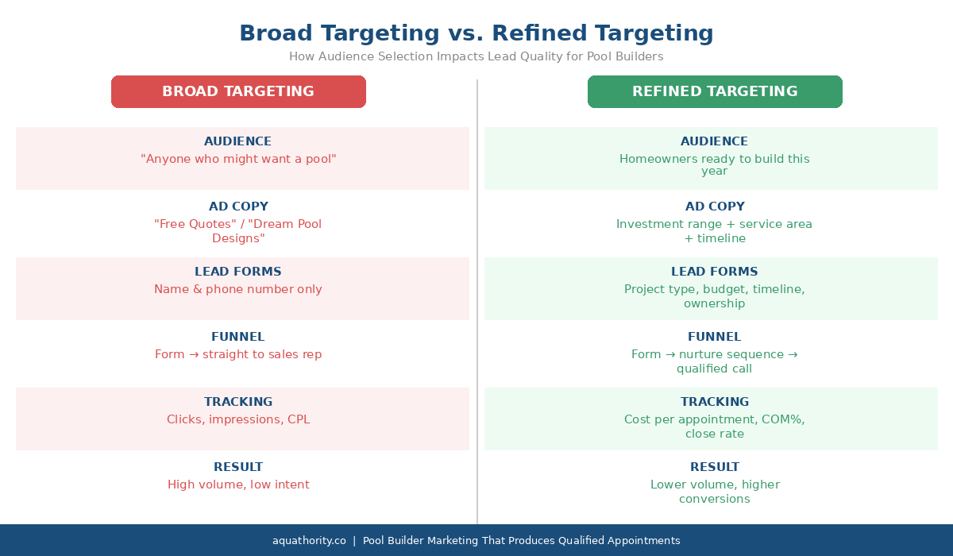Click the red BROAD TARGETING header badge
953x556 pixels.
238,91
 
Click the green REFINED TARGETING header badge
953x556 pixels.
715,91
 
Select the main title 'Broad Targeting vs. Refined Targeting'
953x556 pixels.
476,33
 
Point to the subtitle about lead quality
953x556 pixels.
476,57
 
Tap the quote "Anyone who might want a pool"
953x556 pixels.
238,159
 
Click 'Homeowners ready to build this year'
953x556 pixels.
715,165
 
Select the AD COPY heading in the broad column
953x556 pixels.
238,207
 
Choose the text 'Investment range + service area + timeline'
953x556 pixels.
715,231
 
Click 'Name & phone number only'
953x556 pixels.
238,289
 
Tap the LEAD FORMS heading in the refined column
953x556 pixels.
715,272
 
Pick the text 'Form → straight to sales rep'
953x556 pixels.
238,354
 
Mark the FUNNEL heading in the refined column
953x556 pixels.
715,337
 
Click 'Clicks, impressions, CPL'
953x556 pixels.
238,419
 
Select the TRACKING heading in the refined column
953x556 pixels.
715,402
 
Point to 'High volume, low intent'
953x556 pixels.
238,485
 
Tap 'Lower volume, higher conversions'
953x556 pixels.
715,492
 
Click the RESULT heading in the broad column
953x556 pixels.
238,467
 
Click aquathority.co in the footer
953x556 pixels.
309,541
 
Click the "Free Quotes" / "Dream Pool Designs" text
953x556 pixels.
238,231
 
